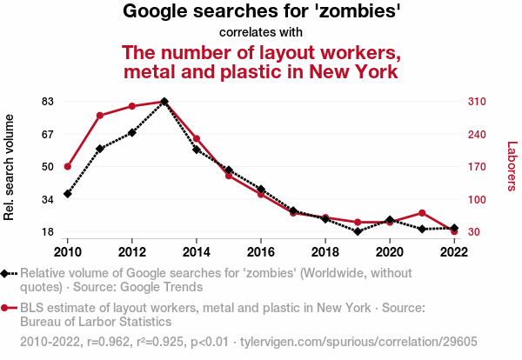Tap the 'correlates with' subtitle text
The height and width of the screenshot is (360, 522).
tap(261, 33)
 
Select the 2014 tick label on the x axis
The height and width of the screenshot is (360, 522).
tap(197, 251)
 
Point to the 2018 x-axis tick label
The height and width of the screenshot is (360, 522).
tap(325, 251)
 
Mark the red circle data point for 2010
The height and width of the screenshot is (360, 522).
tap(67, 166)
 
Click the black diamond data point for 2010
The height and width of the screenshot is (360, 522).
tap(67, 193)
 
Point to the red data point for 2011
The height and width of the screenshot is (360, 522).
tap(100, 116)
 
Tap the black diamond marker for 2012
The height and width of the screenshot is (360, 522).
tap(132, 132)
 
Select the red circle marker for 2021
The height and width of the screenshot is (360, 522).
tap(422, 213)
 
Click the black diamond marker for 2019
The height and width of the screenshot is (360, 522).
tap(358, 231)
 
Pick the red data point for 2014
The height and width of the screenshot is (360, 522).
tap(197, 138)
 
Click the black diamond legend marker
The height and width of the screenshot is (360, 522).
tap(6, 274)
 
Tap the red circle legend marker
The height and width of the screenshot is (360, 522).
tap(6, 308)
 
